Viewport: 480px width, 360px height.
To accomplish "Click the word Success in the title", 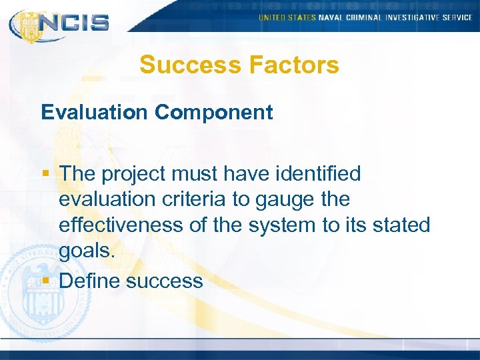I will point(189,65).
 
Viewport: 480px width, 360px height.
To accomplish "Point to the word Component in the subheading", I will point(214,112).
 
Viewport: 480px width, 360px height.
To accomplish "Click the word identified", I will point(313,174).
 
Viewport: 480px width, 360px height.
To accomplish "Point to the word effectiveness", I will point(123,225).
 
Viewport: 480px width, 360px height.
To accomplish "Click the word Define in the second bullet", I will point(89,281).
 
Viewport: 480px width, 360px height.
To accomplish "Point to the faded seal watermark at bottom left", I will point(30,287).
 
